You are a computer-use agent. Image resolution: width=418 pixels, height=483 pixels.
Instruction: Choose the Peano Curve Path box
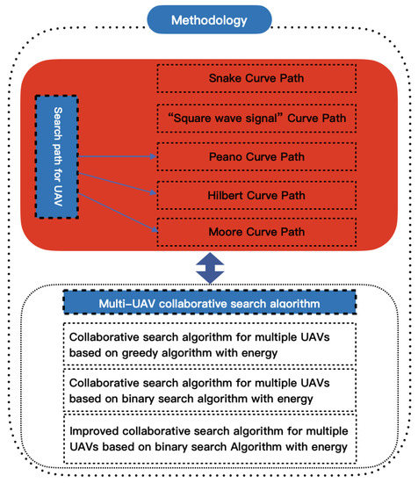pos(257,157)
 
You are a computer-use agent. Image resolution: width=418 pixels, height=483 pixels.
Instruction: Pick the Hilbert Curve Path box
pos(257,194)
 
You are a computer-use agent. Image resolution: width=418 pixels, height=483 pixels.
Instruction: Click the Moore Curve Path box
pos(257,232)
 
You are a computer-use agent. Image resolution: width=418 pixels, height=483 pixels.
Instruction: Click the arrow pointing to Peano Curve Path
pos(119,156)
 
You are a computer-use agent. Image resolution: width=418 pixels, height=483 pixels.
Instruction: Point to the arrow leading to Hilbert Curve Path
pos(119,176)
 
